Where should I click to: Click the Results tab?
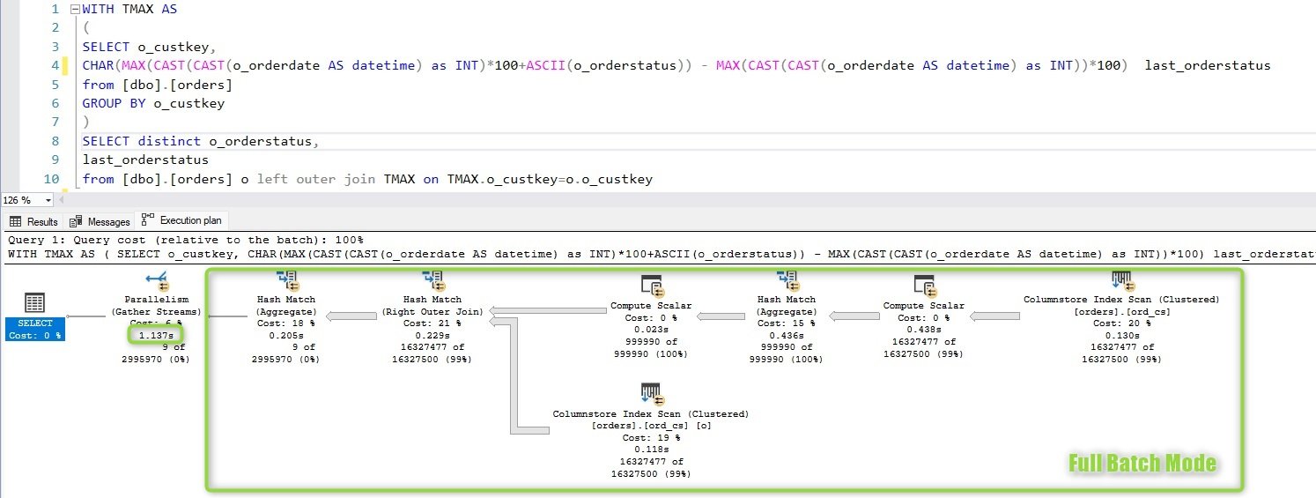[x=34, y=221]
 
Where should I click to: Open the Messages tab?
[x=100, y=221]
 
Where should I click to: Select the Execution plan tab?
[x=181, y=220]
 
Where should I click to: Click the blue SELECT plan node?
[x=34, y=329]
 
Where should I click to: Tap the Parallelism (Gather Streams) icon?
[x=158, y=281]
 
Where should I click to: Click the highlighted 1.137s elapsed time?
[x=156, y=335]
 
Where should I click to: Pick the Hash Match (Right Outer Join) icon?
[x=433, y=280]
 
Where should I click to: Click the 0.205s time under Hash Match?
[x=286, y=335]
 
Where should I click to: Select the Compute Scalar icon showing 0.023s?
[x=652, y=286]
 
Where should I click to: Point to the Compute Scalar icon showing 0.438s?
[x=925, y=286]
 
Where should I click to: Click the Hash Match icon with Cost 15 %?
[x=787, y=280]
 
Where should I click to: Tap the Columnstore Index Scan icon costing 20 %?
[x=1122, y=280]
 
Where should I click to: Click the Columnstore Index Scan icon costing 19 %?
[x=652, y=394]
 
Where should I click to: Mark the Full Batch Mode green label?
[x=1142, y=464]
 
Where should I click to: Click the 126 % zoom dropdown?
[x=27, y=200]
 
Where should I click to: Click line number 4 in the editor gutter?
[x=55, y=65]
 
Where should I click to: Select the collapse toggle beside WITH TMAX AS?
[x=75, y=10]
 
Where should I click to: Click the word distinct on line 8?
[x=169, y=141]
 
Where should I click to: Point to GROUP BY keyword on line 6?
[x=114, y=103]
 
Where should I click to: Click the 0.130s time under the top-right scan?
[x=1122, y=335]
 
